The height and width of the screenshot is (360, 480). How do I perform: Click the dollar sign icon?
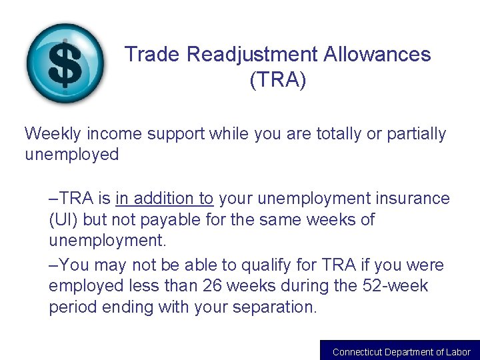65,64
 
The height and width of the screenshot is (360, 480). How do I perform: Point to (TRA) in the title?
277,80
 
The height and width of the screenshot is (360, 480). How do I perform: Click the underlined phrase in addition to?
164,198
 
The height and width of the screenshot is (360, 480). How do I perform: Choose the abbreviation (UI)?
65,219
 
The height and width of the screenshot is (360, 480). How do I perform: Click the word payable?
173,219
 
